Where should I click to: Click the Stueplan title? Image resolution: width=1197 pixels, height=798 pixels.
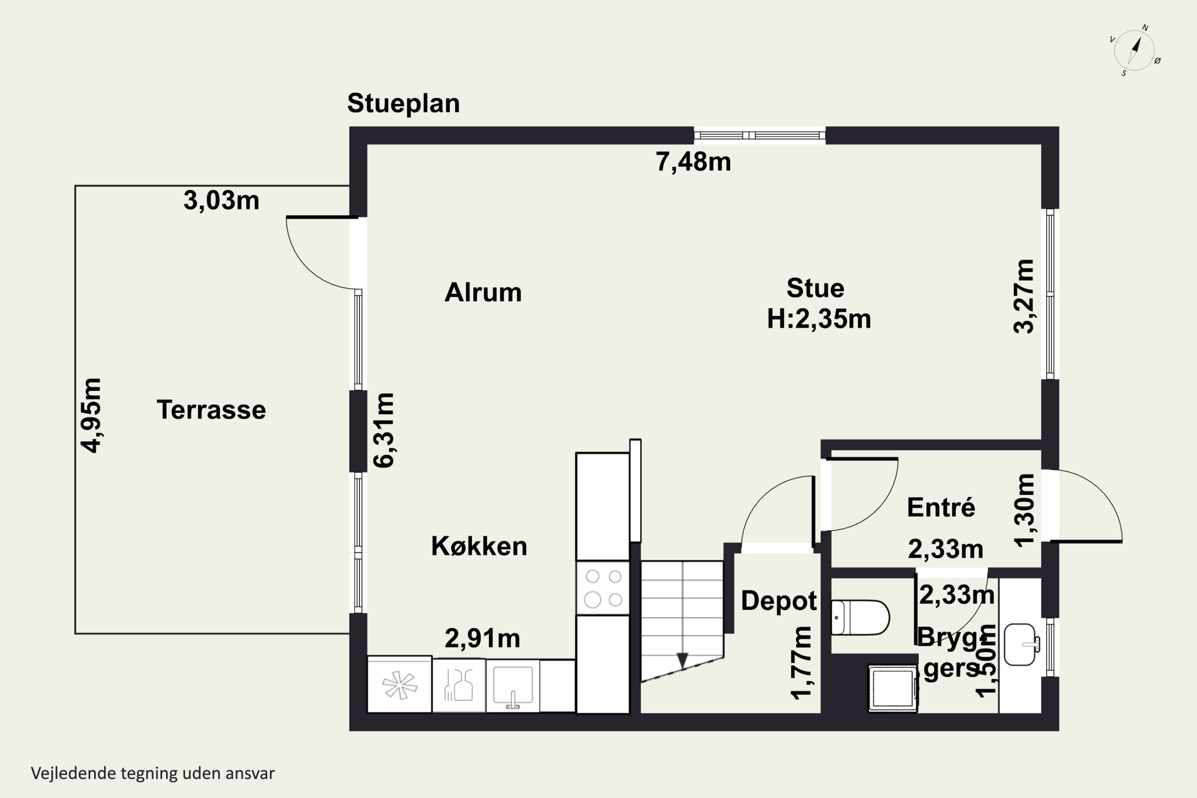click(403, 104)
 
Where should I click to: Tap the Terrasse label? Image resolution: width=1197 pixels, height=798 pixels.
click(211, 410)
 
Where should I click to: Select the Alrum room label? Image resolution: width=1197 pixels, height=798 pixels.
click(483, 292)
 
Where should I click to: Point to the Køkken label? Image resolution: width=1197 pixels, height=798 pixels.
click(479, 546)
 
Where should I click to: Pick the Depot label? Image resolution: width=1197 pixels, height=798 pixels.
click(779, 601)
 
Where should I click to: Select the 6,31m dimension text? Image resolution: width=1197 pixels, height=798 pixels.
click(384, 430)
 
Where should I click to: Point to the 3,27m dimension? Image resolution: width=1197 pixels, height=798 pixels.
click(1023, 296)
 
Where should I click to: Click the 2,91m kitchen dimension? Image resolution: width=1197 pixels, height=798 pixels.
click(482, 638)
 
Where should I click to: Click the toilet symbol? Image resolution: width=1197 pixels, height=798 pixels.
click(860, 618)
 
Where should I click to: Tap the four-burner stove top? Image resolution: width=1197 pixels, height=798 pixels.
click(603, 588)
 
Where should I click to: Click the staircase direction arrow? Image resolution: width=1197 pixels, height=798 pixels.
click(682, 660)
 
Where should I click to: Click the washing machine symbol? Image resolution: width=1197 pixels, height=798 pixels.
click(893, 687)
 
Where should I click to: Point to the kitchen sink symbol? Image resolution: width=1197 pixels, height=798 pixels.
click(512, 685)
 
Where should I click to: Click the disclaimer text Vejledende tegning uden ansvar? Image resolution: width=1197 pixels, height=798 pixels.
click(153, 774)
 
